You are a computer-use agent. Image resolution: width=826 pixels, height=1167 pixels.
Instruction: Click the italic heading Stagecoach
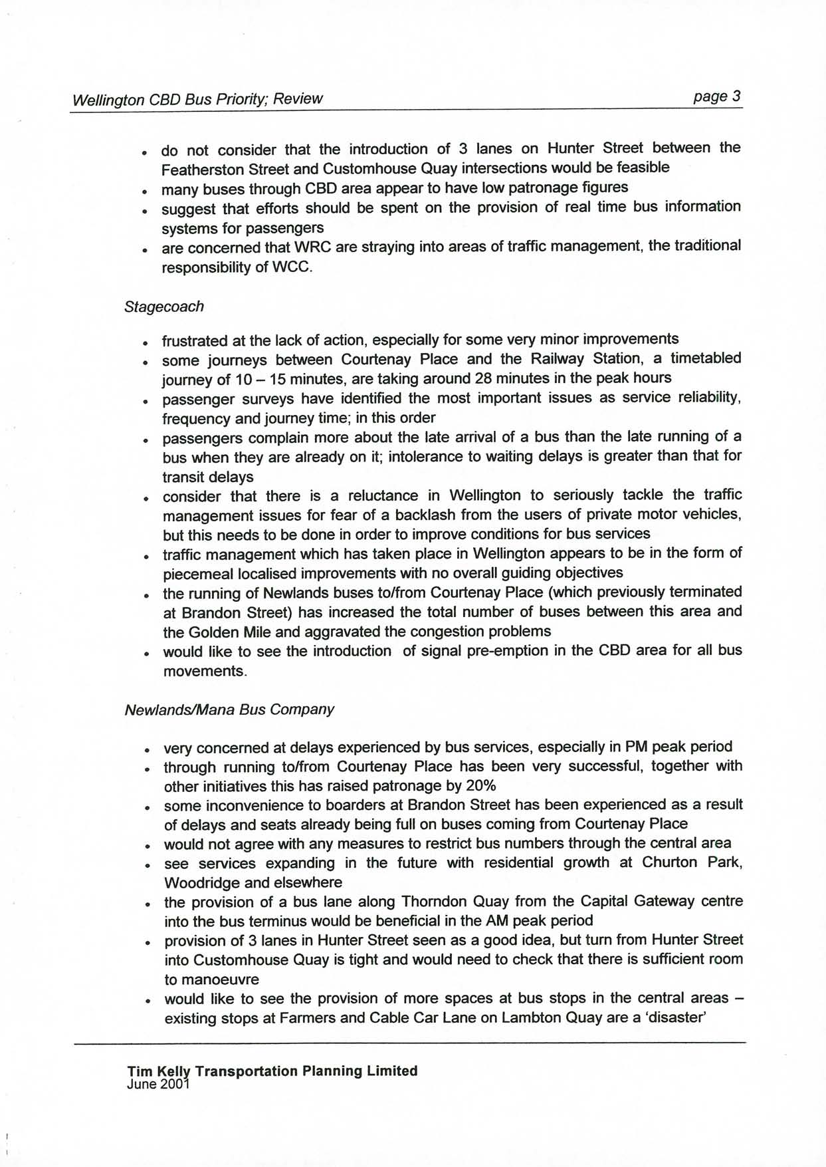[x=163, y=307]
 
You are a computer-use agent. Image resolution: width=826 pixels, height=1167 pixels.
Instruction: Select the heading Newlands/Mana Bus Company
[x=229, y=709]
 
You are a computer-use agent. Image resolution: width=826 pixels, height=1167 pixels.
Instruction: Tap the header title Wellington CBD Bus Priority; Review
[x=197, y=99]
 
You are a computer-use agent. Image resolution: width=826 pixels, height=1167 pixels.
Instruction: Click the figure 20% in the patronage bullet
[x=480, y=785]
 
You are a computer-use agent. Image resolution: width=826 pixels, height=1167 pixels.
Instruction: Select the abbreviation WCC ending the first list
[x=292, y=267]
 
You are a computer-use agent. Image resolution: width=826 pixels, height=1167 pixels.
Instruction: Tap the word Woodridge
[x=197, y=882]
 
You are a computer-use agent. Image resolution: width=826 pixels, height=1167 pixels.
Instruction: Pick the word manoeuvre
[x=211, y=979]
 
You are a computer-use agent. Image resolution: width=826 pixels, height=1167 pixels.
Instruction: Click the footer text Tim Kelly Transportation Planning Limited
[x=272, y=1071]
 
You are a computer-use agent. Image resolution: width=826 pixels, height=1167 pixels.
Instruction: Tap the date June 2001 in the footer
[x=157, y=1084]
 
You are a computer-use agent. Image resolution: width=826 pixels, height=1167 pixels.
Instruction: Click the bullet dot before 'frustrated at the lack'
[x=144, y=343]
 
